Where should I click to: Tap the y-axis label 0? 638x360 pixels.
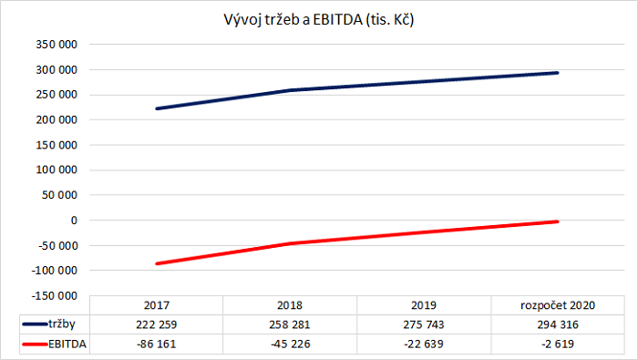coord(75,221)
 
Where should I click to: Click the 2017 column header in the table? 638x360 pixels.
coord(157,305)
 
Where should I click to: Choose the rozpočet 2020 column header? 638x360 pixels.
coord(557,305)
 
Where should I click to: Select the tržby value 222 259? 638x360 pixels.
coord(157,324)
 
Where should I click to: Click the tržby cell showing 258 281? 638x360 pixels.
coord(290,324)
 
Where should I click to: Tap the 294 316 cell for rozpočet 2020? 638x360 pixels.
coord(557,324)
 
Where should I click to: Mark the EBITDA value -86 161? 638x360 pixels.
coord(157,343)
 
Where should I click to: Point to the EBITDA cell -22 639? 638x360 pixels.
coord(424,343)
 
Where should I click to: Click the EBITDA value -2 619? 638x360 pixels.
coord(557,343)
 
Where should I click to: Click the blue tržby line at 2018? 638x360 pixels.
coord(290,90)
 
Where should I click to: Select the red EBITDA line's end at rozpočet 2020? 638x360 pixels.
coord(557,221)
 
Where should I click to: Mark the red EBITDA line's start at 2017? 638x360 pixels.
coord(157,263)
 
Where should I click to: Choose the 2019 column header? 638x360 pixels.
coord(424,305)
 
